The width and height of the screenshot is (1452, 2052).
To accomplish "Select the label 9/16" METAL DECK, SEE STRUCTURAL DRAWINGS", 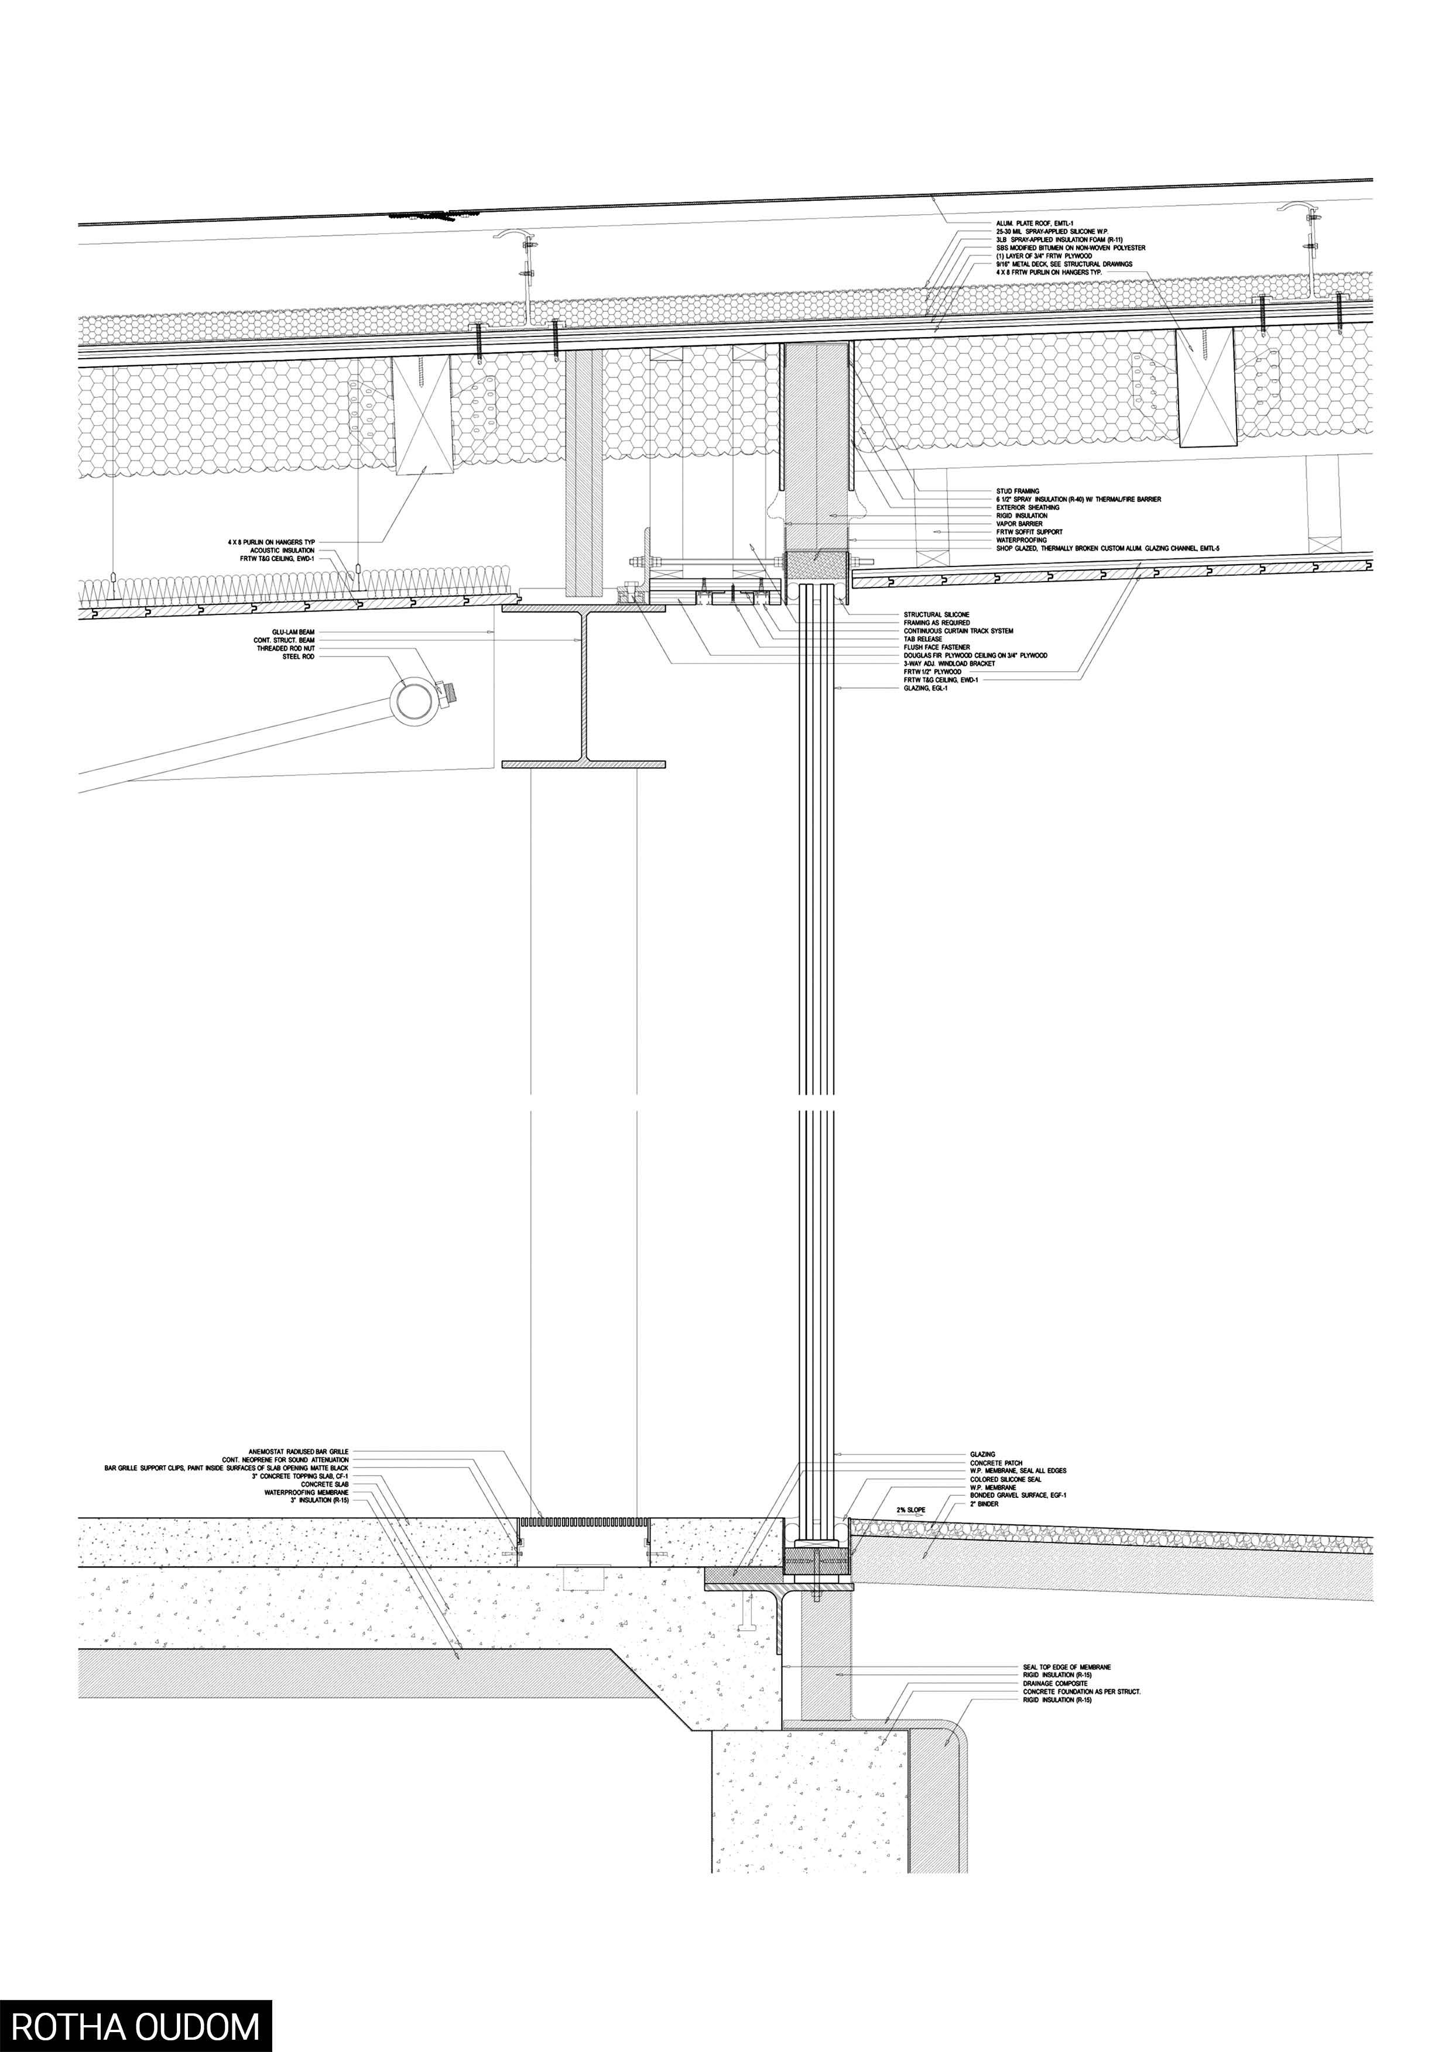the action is (1064, 264).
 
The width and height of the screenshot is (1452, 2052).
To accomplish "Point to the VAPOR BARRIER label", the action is (1019, 524).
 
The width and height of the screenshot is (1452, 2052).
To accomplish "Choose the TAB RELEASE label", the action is (923, 639).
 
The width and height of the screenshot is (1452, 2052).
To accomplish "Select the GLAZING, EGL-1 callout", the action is (926, 688).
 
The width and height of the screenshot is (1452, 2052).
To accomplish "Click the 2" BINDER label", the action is (986, 1504).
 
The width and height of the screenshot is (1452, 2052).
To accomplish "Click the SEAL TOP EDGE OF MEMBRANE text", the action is (1067, 1667).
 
